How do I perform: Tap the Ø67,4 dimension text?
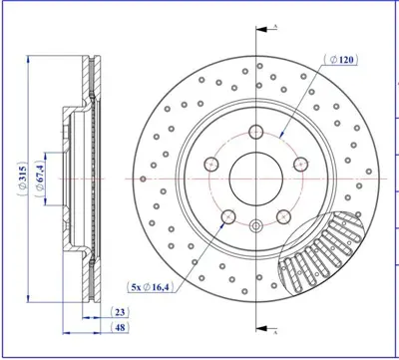[x=37, y=183]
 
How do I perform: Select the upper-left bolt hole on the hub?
[x=211, y=164]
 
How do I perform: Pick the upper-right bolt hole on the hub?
[x=303, y=164]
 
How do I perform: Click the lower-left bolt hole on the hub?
[x=228, y=217]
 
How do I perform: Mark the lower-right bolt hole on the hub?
[x=286, y=217]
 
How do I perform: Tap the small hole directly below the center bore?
[x=257, y=225]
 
